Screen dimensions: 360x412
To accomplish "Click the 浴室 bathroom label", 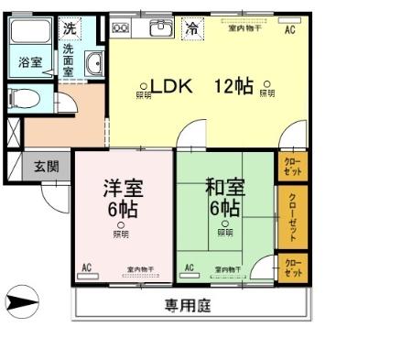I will [29, 63].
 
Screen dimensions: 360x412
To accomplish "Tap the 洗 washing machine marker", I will [70, 28].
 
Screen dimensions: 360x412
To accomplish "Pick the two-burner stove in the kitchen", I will [121, 29].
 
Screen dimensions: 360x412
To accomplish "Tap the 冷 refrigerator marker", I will [191, 28].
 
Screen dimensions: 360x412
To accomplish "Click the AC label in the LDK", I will [289, 30].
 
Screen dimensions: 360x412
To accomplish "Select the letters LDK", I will [170, 87].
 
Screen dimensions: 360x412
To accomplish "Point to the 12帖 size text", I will [233, 87].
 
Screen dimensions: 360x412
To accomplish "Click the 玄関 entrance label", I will [47, 167].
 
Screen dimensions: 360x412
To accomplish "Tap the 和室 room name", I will [224, 189].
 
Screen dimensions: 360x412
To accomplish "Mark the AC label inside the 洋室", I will [87, 267].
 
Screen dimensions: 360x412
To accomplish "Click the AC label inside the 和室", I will [190, 267].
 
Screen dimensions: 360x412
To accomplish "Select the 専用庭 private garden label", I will [188, 306].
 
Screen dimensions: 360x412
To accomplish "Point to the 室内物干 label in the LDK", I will [243, 28].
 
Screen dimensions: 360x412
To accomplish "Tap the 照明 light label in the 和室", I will [224, 234].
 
